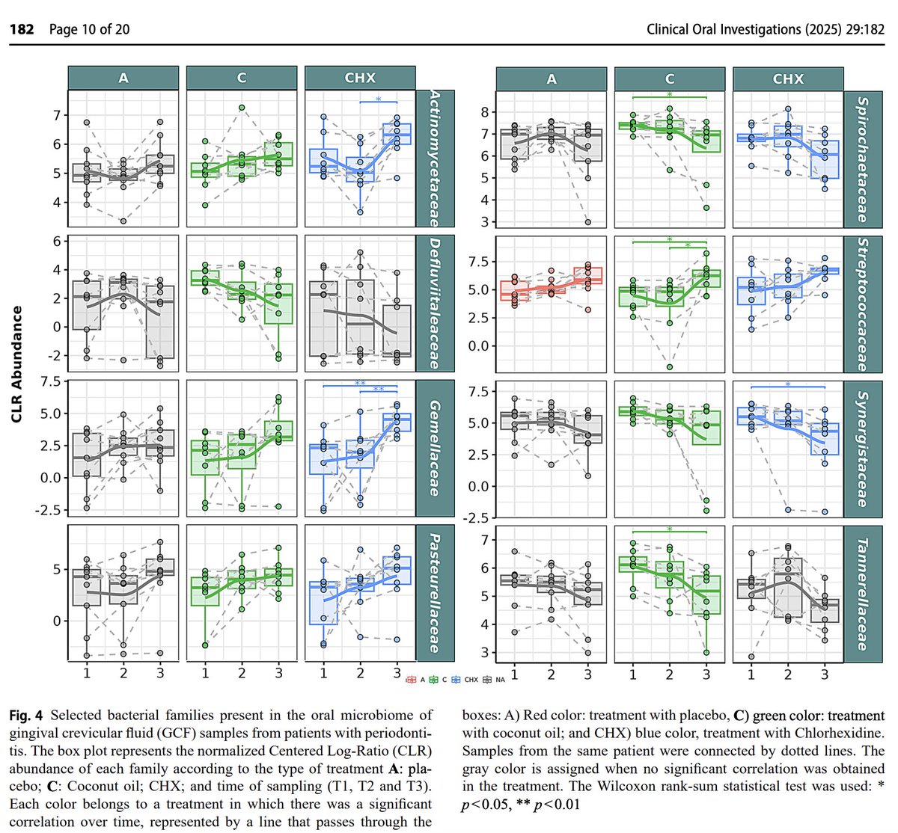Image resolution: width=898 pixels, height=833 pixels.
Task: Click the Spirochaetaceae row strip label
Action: click(x=863, y=159)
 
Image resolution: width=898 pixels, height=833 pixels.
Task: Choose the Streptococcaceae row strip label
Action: click(x=863, y=304)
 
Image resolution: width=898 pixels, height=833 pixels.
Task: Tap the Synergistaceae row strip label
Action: click(x=863, y=448)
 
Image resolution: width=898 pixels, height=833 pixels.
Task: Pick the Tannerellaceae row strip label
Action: click(x=863, y=593)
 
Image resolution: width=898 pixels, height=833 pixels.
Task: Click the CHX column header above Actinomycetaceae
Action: click(x=360, y=78)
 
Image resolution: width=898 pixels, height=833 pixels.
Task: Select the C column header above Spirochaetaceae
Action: click(x=670, y=79)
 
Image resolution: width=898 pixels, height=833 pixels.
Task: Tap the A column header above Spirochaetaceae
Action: click(x=552, y=79)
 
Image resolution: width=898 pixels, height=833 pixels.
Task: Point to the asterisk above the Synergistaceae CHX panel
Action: click(x=788, y=385)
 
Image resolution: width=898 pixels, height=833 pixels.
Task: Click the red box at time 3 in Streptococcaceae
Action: click(x=588, y=275)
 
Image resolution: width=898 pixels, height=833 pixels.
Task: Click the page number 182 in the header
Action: click(x=23, y=30)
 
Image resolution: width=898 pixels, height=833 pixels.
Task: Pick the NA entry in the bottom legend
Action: click(x=497, y=680)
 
